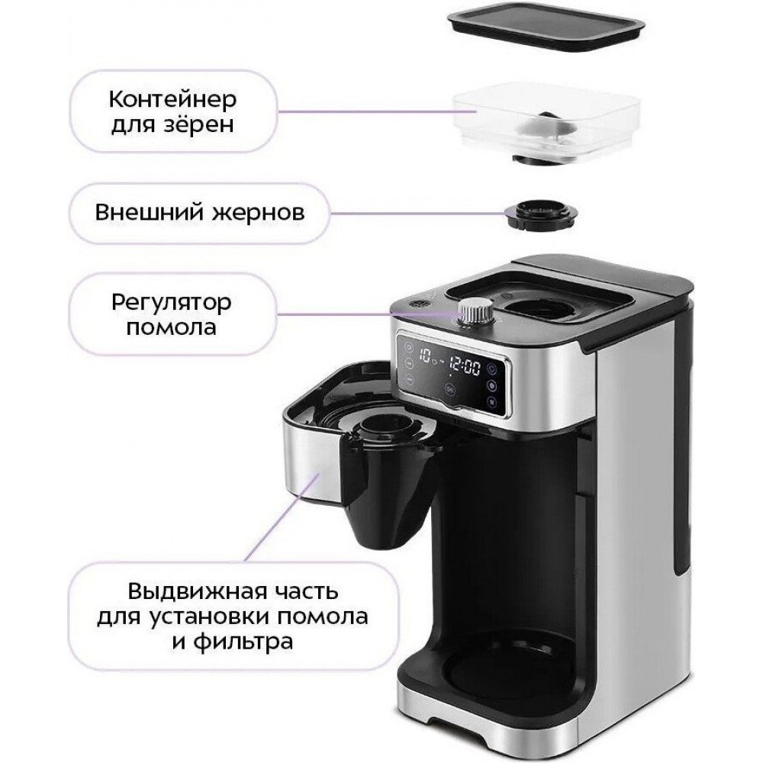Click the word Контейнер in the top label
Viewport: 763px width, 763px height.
pos(172,100)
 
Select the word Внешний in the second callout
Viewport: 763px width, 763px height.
pos(149,213)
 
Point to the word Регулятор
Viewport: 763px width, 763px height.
pos(171,303)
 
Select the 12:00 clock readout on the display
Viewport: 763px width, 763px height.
pos(464,366)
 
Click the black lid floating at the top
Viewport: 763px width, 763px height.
pos(545,31)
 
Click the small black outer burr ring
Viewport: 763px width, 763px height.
pos(541,214)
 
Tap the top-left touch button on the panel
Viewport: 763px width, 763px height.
pos(407,347)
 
